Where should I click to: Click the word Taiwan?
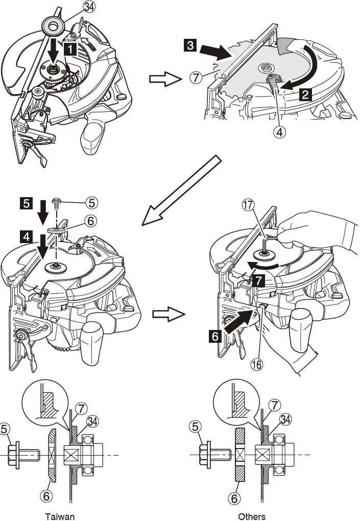pos(59,516)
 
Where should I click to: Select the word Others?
pos(252,516)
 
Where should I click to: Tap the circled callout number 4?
pos(278,132)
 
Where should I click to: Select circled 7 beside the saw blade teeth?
pos(195,78)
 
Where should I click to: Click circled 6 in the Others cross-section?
pos(235,496)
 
